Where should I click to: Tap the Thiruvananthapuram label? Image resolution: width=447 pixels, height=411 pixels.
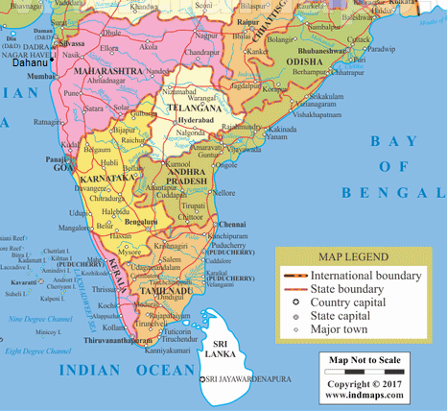113,339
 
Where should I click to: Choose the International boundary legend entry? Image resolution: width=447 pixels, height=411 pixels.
365,276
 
